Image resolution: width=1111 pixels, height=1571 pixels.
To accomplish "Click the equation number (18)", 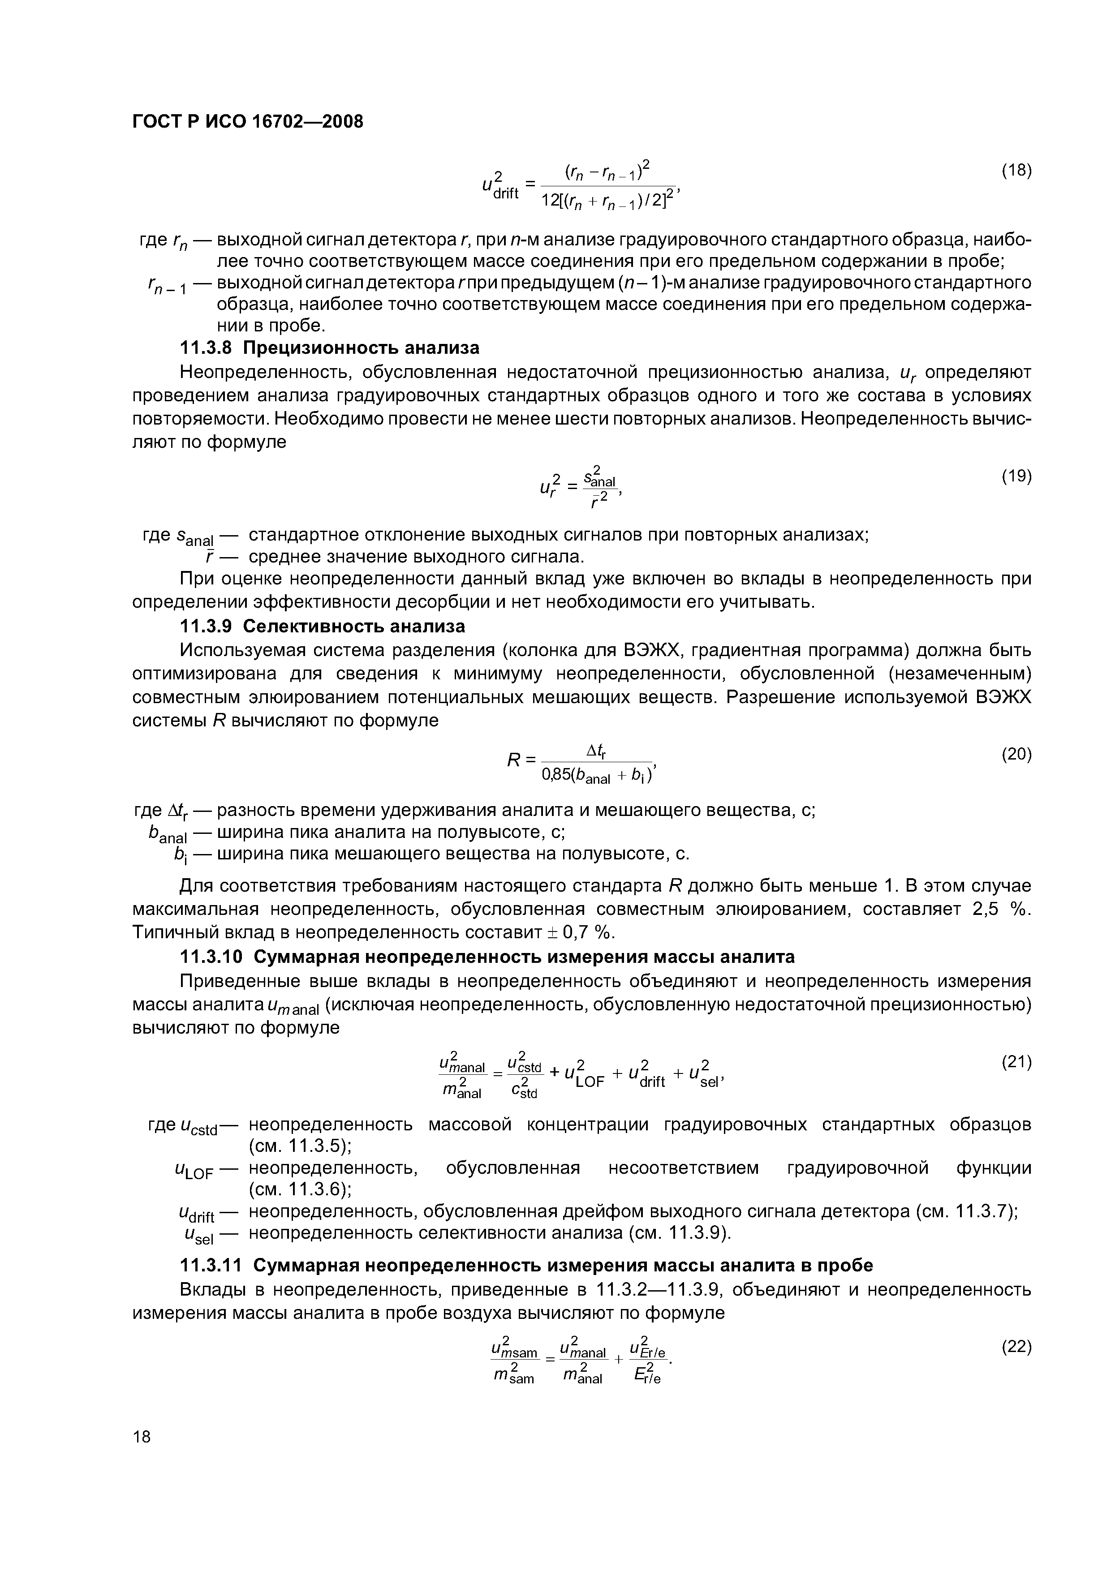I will click(x=1016, y=170).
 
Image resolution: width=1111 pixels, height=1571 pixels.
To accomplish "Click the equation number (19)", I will click(x=1016, y=476).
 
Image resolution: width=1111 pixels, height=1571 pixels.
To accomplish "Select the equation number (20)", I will click(x=1016, y=754).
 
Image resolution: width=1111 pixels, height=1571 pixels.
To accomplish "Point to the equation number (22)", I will click(x=1016, y=1347).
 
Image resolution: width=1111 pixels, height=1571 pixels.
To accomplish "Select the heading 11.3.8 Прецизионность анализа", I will click(x=329, y=348).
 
